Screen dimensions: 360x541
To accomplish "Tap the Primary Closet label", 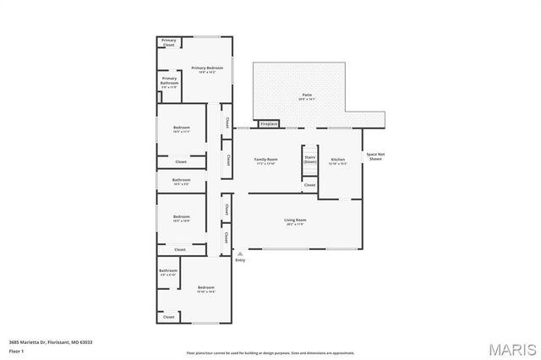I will click(x=168, y=42).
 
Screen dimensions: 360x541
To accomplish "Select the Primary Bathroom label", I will click(x=169, y=83).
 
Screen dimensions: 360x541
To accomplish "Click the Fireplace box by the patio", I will click(x=269, y=123).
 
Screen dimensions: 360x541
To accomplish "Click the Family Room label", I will click(x=267, y=161).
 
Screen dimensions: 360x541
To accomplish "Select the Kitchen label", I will click(x=338, y=161).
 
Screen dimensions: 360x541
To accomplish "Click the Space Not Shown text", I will click(x=374, y=156).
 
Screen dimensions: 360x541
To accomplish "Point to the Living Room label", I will click(x=296, y=221).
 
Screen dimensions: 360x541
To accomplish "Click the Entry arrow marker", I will click(x=240, y=253).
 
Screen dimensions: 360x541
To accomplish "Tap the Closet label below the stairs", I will click(x=309, y=184).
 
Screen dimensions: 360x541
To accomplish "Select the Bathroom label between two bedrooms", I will click(x=181, y=181).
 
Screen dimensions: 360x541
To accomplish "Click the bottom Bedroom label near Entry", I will click(x=205, y=289).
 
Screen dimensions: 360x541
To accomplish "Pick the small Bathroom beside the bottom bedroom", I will click(x=167, y=272).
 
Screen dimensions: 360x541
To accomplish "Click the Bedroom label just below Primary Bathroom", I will click(x=181, y=129).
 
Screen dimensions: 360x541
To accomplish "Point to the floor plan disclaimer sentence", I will click(x=270, y=352).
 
